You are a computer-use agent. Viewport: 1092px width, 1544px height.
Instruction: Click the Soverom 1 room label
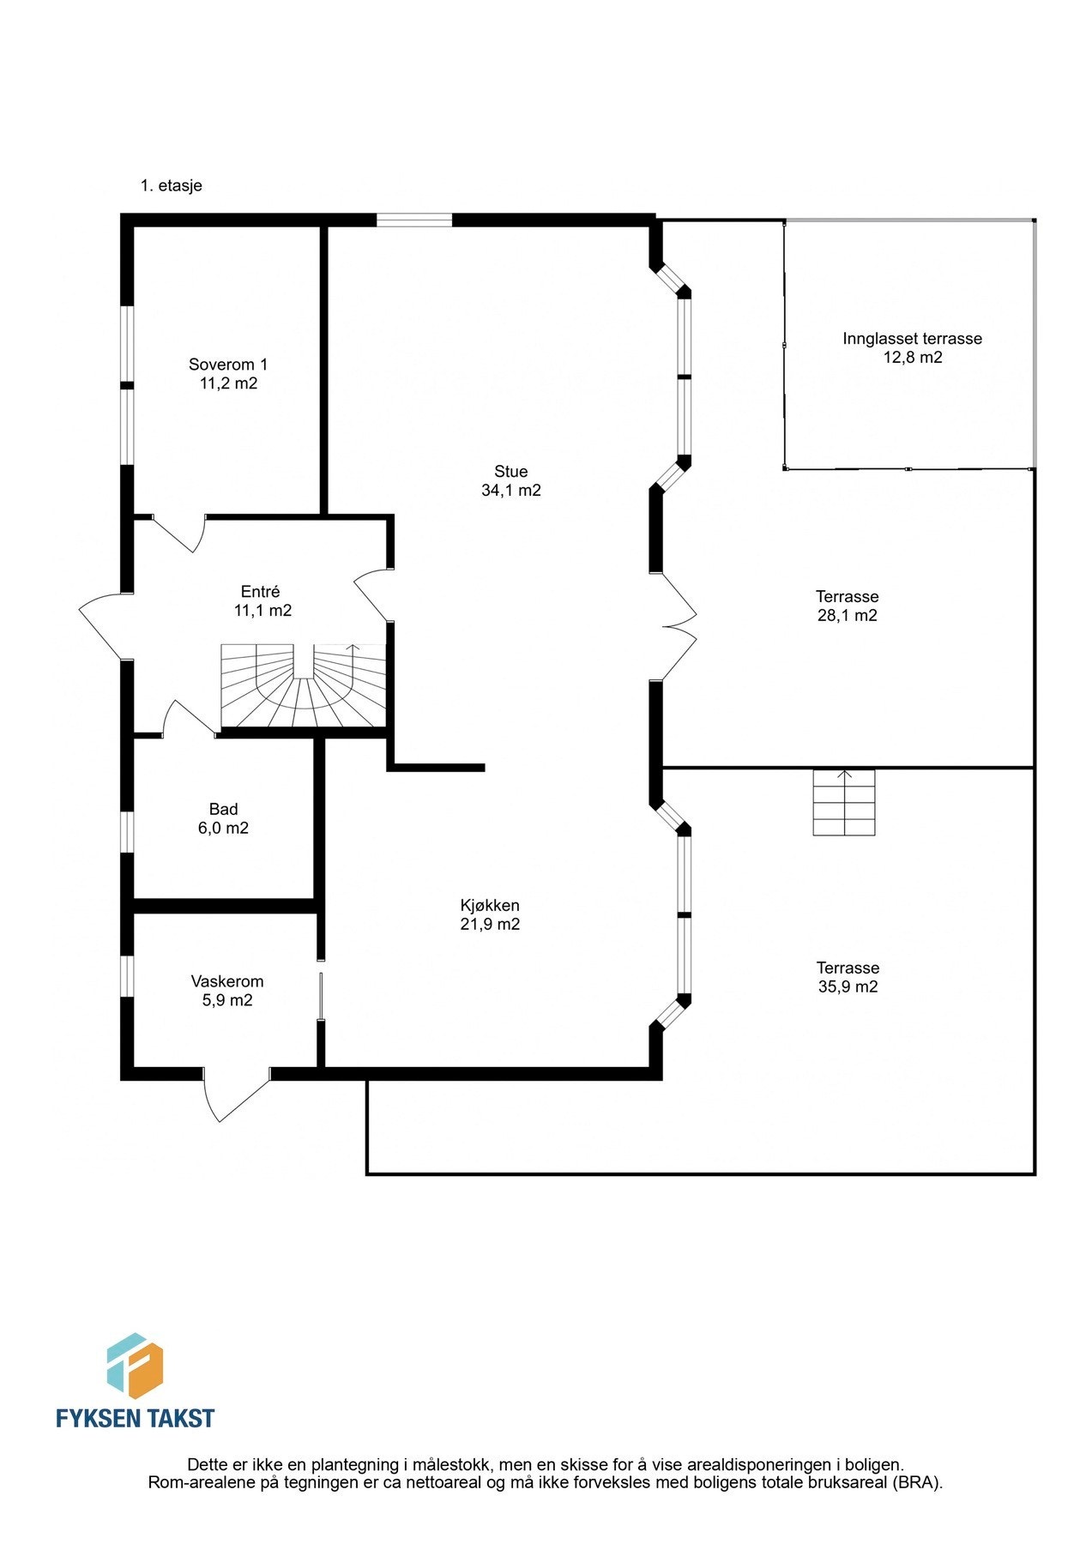point(228,374)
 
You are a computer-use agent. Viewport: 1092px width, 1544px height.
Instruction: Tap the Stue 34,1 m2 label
point(511,481)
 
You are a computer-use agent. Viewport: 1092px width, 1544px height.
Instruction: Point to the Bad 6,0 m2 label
point(223,818)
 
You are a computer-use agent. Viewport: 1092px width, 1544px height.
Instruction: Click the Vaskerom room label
point(227,991)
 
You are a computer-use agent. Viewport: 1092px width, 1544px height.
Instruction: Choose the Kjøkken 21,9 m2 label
point(490,914)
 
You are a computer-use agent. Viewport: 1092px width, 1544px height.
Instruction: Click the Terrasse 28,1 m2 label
point(847,606)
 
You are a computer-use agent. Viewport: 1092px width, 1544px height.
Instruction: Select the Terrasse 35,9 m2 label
point(848,977)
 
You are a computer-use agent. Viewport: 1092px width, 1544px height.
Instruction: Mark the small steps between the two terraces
point(844,803)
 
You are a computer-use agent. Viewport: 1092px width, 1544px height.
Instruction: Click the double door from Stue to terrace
point(678,626)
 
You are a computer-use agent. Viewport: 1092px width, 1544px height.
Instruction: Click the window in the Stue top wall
point(414,220)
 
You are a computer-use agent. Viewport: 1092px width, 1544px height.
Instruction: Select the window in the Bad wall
point(127,832)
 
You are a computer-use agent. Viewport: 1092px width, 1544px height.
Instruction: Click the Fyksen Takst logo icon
point(135,1365)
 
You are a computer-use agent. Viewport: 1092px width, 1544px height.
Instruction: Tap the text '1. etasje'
point(172,185)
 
